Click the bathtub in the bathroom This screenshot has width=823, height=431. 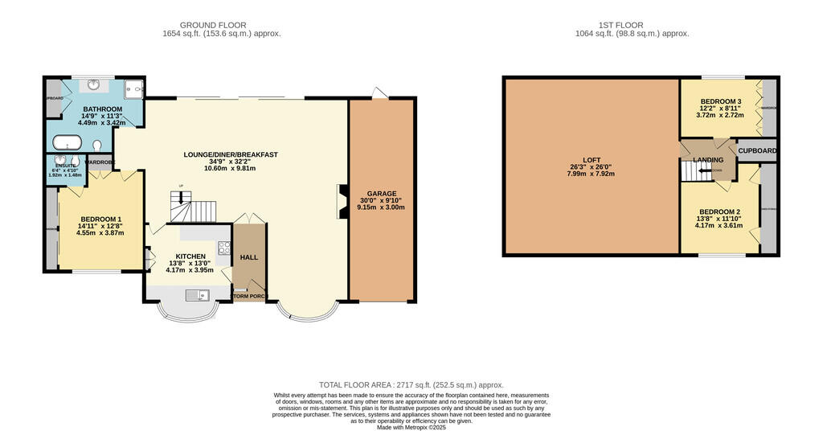(66, 144)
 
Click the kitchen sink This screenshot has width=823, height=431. (195, 296)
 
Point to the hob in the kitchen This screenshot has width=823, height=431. (223, 248)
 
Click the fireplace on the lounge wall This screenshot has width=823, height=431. (341, 201)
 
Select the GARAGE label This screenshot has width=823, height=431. (380, 194)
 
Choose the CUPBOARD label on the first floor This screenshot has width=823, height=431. (757, 150)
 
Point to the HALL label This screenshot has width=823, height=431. (248, 257)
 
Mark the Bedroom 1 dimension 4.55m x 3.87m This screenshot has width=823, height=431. (100, 233)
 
